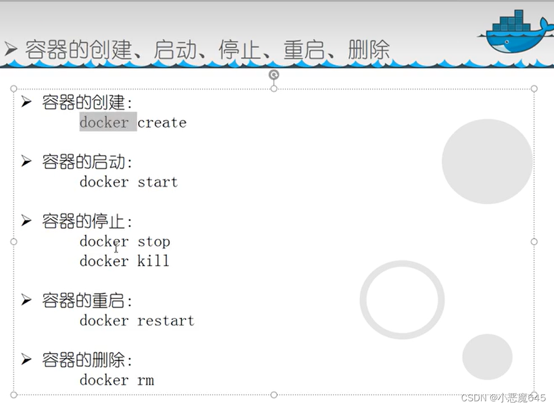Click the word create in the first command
tap(162, 122)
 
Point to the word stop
tap(154, 241)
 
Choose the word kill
tap(153, 260)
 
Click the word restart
tap(166, 320)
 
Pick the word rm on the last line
tap(145, 380)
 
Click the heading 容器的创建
tap(87, 102)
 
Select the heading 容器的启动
tap(87, 162)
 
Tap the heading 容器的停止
tap(87, 222)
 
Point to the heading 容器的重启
tap(87, 301)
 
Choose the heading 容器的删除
tap(87, 360)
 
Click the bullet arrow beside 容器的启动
tap(26, 162)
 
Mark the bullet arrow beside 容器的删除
tap(26, 360)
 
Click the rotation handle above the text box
tap(274, 75)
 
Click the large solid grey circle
tap(487, 161)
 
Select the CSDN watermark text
tap(503, 397)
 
